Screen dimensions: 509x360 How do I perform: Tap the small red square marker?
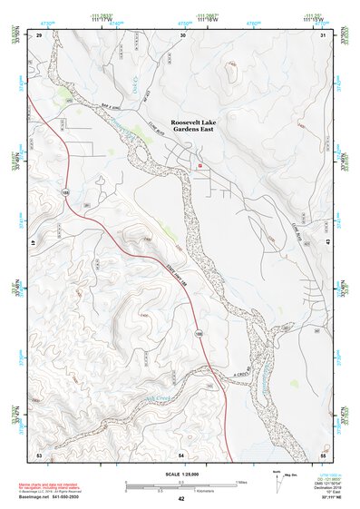click(x=200, y=166)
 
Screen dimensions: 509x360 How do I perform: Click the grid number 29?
click(x=39, y=34)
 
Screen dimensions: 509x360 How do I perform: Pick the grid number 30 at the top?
click(x=182, y=34)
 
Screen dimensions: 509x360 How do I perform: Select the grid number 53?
click(x=39, y=453)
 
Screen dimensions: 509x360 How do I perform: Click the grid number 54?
click(x=181, y=453)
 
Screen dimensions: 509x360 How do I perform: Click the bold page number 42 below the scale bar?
click(x=181, y=499)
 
